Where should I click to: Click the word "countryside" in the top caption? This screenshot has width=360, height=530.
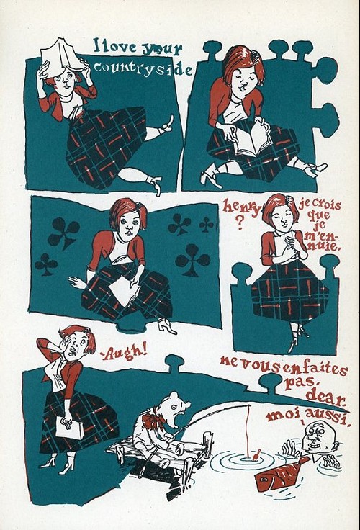tap(143, 68)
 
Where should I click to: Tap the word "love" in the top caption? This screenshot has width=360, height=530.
tap(117, 47)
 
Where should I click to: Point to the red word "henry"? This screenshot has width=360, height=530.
tap(242, 207)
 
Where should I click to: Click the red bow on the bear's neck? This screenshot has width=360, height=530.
tap(155, 420)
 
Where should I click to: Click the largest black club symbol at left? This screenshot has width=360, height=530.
tap(63, 232)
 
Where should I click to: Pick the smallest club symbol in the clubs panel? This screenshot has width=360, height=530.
tap(206, 225)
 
